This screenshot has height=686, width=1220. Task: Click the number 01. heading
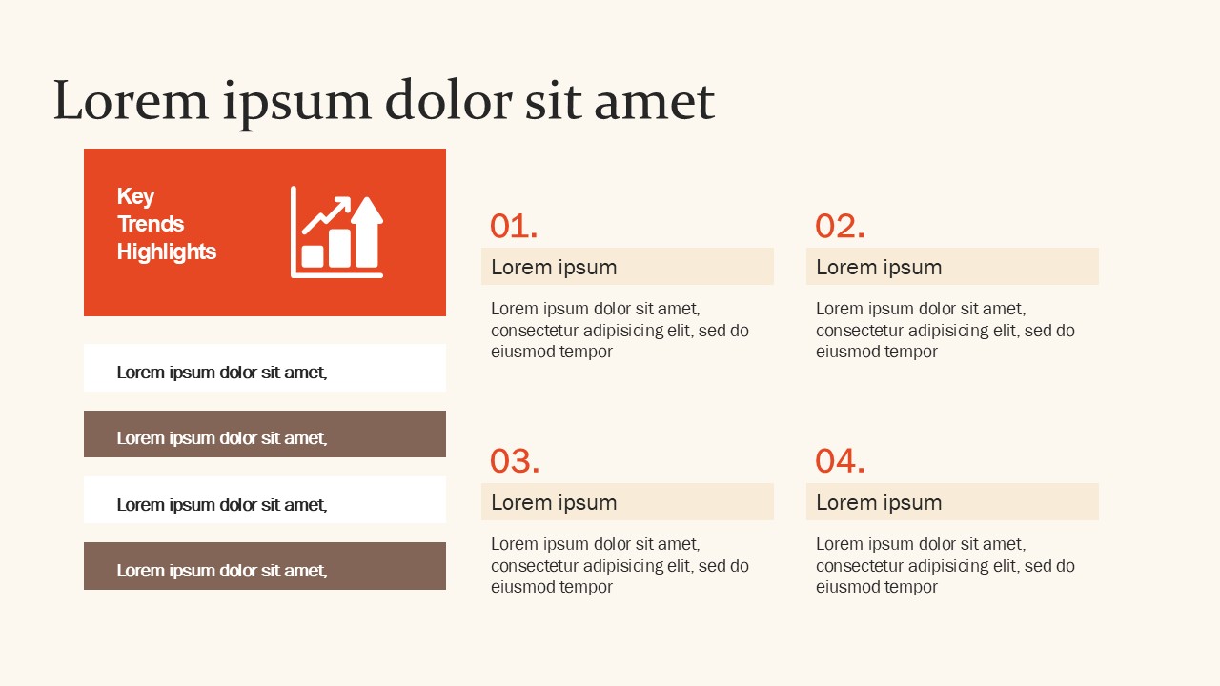click(x=514, y=227)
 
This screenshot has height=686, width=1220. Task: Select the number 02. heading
click(x=840, y=227)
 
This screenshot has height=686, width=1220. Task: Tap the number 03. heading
click(x=515, y=462)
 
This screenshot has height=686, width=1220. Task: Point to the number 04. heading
click(x=840, y=462)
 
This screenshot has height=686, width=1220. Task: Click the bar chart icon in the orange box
click(x=336, y=232)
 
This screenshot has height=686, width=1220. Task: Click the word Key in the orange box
click(x=135, y=196)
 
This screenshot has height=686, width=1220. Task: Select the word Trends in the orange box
click(x=151, y=224)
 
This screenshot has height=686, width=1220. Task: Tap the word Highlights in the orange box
click(x=167, y=252)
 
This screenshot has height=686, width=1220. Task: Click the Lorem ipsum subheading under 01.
click(x=554, y=268)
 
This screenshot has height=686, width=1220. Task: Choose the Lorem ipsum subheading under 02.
click(x=879, y=268)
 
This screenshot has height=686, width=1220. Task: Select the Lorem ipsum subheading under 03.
click(x=554, y=503)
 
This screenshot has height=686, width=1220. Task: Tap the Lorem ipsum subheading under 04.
click(x=879, y=503)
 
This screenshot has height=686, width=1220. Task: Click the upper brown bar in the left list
click(x=265, y=434)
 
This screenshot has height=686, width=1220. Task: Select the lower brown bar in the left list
click(x=265, y=566)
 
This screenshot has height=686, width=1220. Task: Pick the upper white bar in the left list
click(x=265, y=368)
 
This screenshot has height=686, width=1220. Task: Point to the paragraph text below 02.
click(x=945, y=331)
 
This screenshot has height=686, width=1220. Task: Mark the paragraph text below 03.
click(x=620, y=566)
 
